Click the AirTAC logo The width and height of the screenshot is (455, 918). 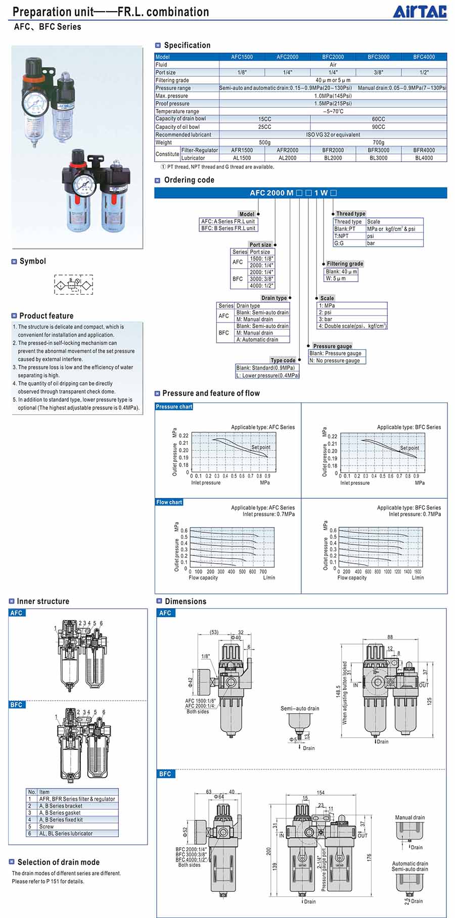(420, 12)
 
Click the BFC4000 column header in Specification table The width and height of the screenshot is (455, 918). (424, 57)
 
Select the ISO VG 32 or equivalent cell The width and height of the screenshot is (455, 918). (333, 135)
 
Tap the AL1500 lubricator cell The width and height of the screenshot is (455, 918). (242, 158)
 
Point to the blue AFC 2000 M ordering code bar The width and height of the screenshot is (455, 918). (300, 193)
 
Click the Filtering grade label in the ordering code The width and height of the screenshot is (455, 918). (345, 264)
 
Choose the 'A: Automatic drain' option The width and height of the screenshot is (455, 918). (257, 340)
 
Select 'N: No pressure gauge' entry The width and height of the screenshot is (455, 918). (335, 360)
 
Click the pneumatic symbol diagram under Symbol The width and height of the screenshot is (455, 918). (74, 285)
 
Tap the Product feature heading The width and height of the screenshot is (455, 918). (46, 316)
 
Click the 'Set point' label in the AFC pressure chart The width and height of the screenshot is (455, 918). (261, 447)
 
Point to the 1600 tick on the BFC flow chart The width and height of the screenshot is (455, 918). (418, 572)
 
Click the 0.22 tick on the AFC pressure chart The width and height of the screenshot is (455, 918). (184, 435)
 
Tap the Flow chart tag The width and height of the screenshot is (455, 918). (169, 502)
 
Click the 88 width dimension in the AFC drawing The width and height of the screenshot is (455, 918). (390, 637)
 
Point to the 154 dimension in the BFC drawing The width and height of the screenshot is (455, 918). (321, 793)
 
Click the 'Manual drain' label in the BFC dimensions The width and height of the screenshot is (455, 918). (409, 817)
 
